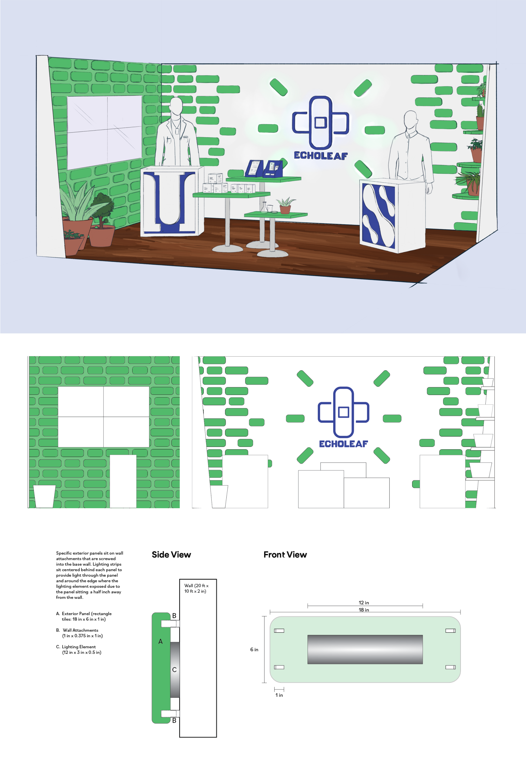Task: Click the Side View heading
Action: pyautogui.click(x=171, y=554)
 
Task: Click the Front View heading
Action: pyautogui.click(x=285, y=554)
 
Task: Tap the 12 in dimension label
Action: pyautogui.click(x=364, y=603)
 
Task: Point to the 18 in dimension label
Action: pyautogui.click(x=364, y=610)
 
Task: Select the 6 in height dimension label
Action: pyautogui.click(x=254, y=649)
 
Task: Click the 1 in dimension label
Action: pyautogui.click(x=279, y=695)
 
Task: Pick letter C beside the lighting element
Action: pyautogui.click(x=174, y=670)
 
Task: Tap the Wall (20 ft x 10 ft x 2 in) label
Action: pyautogui.click(x=196, y=588)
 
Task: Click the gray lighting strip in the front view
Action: pyautogui.click(x=365, y=649)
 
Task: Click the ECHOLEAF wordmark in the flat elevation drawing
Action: pyautogui.click(x=343, y=444)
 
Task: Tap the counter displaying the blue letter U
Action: pyautogui.click(x=172, y=201)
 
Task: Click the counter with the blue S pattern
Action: pyautogui.click(x=392, y=216)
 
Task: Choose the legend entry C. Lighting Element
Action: pyautogui.click(x=79, y=649)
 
